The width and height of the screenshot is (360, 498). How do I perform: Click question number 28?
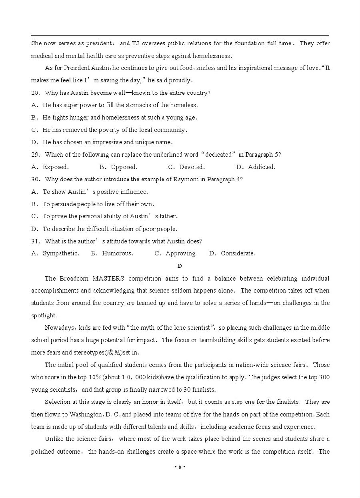click(x=36, y=93)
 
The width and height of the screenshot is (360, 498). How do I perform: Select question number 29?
click(x=36, y=155)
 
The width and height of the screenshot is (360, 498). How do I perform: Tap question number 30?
click(x=36, y=179)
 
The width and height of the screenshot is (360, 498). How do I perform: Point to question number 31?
click(x=36, y=241)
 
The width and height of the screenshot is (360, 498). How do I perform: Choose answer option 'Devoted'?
click(x=192, y=167)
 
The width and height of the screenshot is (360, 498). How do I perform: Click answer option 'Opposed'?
click(x=124, y=167)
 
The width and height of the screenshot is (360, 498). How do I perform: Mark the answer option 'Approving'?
click(x=181, y=253)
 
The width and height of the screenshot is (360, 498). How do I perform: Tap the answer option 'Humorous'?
click(x=117, y=253)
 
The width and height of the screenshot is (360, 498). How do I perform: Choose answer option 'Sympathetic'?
click(x=61, y=253)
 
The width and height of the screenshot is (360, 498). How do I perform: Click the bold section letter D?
click(x=180, y=266)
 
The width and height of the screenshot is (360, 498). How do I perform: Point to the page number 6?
click(x=180, y=467)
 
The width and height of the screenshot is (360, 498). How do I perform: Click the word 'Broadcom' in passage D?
click(x=74, y=279)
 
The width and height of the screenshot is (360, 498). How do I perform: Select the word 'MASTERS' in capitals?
click(x=108, y=279)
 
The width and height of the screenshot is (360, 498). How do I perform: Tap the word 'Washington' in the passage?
click(x=86, y=414)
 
